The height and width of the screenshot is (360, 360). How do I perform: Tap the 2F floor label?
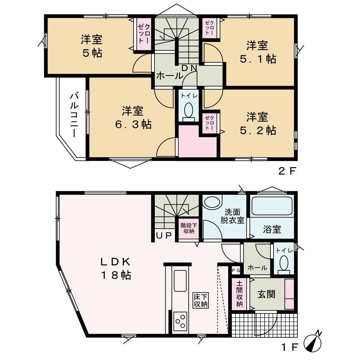pos(287,171)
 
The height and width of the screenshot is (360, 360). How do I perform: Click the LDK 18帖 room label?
pos(116,268)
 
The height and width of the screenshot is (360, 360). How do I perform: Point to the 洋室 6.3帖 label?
pos(133,118)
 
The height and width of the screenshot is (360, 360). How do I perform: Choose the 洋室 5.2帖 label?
pos(258,123)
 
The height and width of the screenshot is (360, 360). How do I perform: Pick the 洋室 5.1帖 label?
pos(258,52)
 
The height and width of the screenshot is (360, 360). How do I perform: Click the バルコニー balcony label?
pos(74,115)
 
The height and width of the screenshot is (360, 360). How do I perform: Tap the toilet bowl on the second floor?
pos(189,110)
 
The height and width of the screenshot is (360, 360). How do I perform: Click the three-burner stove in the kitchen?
pos(180,321)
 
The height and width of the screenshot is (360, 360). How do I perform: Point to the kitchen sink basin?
pos(180,281)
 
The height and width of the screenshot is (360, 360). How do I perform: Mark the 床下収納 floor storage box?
pos(201,300)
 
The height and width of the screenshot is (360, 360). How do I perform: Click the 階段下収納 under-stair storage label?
pos(189,228)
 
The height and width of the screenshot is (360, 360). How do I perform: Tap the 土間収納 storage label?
pos(239,294)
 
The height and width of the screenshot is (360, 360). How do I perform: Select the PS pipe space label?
pos(236,271)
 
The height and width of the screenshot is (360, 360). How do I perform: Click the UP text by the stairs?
pos(164,235)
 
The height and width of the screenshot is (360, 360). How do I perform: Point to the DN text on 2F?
pos(189,68)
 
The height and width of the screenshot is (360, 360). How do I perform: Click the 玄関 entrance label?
pos(266,294)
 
